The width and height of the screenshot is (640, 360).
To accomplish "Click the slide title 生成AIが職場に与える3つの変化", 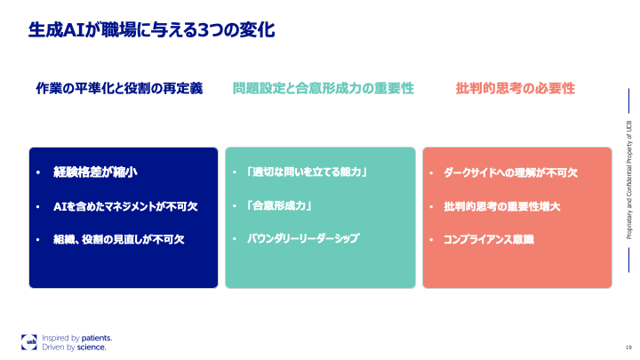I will tap(150, 30).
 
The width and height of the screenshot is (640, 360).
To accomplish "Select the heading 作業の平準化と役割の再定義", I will tap(119, 89).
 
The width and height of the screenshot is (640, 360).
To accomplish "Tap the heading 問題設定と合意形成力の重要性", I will tap(324, 89).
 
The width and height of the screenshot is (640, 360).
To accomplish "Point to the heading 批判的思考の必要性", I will tap(515, 89).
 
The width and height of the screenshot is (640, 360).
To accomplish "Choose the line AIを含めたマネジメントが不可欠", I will tap(125, 206).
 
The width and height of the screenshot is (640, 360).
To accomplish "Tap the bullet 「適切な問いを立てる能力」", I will tap(308, 172).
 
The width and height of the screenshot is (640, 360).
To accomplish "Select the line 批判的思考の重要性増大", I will tap(500, 206).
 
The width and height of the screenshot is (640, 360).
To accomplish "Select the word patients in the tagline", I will tap(96, 338).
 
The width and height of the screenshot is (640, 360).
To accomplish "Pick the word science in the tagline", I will tap(92, 348).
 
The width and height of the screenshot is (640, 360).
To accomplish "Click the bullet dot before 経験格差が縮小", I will tap(40, 172).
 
